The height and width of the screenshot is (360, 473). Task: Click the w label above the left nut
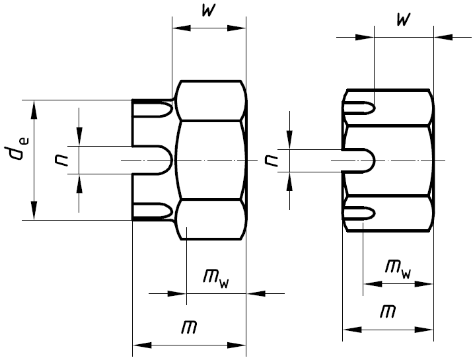click(208, 13)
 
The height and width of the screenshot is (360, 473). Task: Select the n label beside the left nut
click(63, 160)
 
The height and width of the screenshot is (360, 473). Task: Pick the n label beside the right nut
click(271, 160)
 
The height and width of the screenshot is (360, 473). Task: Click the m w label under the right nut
click(397, 268)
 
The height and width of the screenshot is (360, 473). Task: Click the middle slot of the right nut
click(360, 160)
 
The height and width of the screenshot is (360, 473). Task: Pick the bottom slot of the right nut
click(361, 213)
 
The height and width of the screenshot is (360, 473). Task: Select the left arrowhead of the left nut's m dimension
click(139, 344)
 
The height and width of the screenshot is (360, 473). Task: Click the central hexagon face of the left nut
click(210, 160)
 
